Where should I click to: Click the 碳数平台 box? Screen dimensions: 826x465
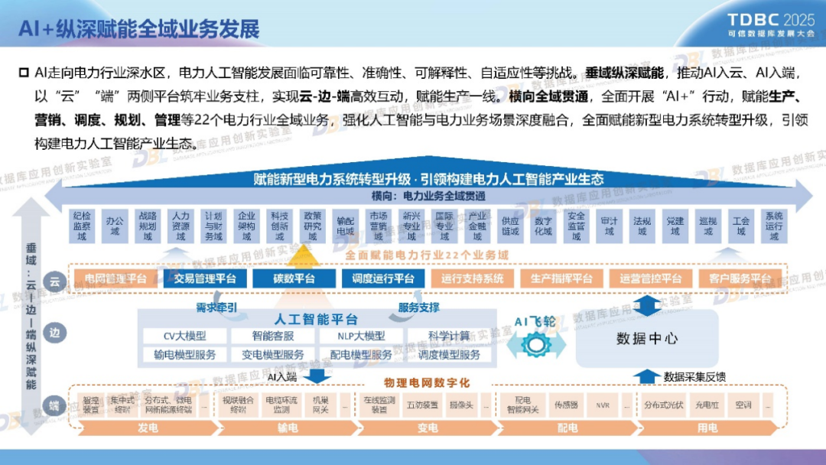(x=284, y=278)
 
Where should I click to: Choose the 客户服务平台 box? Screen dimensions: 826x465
(x=740, y=278)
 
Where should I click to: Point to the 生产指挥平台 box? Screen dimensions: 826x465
(x=561, y=278)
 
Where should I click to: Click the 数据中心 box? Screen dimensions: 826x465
(x=647, y=338)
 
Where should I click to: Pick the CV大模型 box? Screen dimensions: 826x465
(x=185, y=336)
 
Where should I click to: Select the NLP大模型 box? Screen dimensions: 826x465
(x=361, y=336)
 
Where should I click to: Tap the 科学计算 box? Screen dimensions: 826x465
(x=449, y=336)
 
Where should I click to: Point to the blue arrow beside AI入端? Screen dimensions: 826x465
(x=320, y=376)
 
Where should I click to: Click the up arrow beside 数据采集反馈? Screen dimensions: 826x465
(x=647, y=376)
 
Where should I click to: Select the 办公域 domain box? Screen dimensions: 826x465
(x=115, y=226)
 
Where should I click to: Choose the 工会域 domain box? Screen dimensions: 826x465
(x=740, y=226)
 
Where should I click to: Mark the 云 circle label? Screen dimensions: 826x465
(x=54, y=281)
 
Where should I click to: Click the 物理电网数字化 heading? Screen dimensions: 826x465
(x=427, y=382)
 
